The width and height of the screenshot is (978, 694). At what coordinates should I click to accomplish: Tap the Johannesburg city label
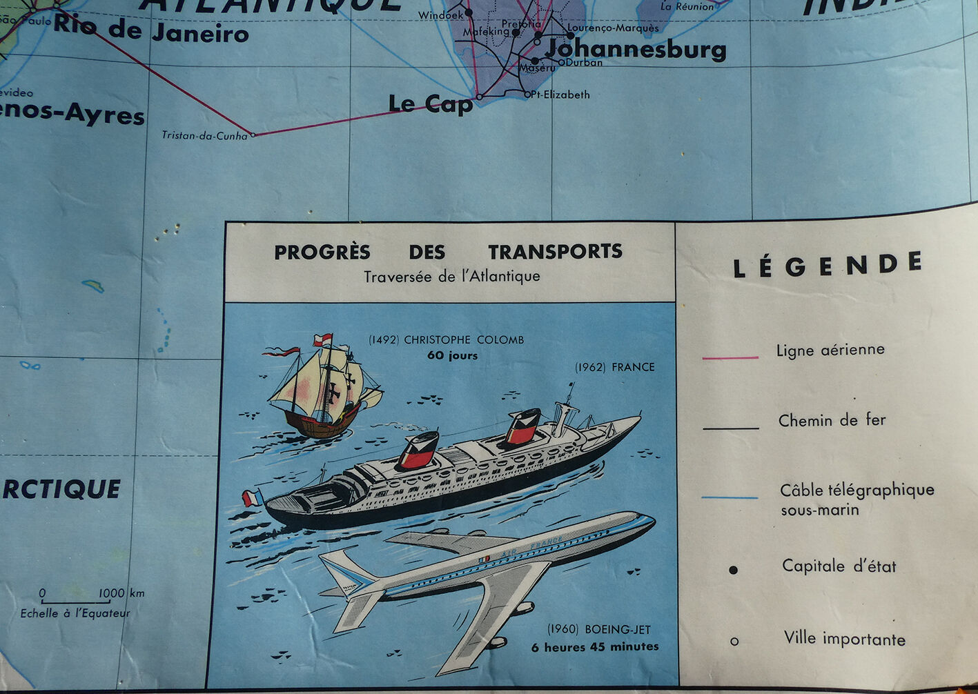[636, 50]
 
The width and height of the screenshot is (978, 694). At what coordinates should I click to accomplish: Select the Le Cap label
[430, 103]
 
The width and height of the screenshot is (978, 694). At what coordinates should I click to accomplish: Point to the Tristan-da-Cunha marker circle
[253, 135]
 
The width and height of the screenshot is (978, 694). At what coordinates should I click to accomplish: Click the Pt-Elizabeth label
[560, 95]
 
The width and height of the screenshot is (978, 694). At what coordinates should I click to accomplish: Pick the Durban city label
[584, 62]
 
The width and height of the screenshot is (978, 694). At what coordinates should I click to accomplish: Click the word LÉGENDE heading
[828, 265]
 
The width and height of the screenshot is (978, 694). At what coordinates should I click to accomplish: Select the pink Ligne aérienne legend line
[730, 358]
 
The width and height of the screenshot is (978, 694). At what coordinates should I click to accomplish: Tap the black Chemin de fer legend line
[731, 428]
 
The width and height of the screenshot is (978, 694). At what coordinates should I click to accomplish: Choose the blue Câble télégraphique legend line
[730, 497]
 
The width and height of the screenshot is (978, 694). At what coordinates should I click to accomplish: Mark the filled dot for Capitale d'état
[734, 570]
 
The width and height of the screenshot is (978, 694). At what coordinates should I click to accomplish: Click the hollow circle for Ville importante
[734, 642]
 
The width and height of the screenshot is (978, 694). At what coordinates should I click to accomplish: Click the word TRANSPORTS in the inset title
[555, 251]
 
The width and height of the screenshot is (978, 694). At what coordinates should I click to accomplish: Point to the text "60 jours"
[452, 355]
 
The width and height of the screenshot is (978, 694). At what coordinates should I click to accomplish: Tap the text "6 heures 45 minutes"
[595, 647]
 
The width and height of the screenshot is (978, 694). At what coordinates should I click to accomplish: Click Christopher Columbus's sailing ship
[323, 390]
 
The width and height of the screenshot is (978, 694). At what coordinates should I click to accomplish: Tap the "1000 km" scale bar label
[121, 593]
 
